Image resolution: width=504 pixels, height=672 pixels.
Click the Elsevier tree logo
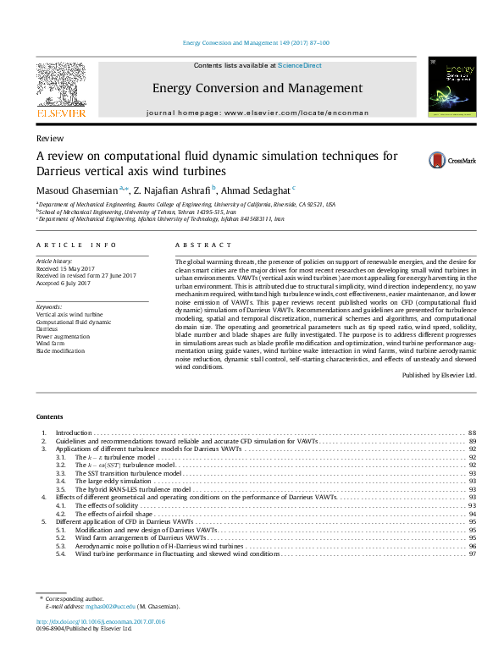click(59, 85)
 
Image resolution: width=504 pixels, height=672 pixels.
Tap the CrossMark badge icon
click(413, 159)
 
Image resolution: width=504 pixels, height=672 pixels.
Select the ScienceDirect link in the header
click(301, 65)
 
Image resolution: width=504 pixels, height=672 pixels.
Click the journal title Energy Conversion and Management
click(257, 88)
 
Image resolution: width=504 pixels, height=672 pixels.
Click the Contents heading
click(49, 417)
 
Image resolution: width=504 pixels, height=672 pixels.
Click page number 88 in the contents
click(472, 432)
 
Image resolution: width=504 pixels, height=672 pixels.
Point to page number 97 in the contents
click(472, 554)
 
